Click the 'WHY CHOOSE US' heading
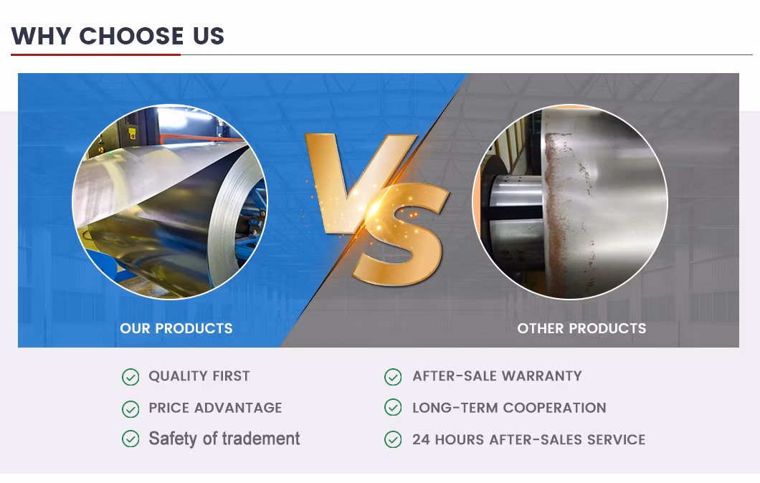[x=118, y=36]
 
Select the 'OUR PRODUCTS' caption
[x=176, y=328]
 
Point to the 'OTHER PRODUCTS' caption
[x=581, y=328]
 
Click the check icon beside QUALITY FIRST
[x=130, y=377]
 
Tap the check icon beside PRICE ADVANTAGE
[x=130, y=408]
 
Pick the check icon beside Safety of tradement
[x=130, y=439]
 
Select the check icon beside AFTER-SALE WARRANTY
[x=393, y=377]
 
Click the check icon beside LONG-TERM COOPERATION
[x=393, y=408]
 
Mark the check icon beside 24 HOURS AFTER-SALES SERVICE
[x=393, y=439]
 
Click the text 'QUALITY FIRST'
[x=199, y=376]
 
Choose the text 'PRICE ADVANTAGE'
[x=215, y=408]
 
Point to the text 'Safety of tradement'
[x=224, y=439]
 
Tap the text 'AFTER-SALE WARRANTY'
[x=497, y=376]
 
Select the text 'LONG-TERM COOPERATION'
[x=509, y=408]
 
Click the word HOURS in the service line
[x=459, y=439]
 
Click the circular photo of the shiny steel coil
[x=170, y=202]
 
